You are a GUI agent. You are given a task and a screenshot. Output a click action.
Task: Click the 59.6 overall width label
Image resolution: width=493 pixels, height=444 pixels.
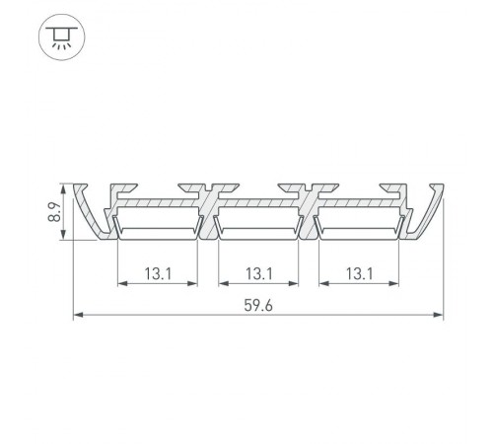click(257, 306)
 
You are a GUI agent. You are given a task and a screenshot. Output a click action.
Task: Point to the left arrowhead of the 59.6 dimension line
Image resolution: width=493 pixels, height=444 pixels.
click(78, 317)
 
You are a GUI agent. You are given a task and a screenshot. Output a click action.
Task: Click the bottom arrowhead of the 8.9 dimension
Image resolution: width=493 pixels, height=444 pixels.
click(66, 236)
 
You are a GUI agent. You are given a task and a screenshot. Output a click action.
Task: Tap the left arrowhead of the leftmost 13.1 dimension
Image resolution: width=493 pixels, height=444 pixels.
click(120, 284)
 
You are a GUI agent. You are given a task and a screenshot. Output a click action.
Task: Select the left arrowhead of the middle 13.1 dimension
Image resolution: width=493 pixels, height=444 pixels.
click(221, 284)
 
